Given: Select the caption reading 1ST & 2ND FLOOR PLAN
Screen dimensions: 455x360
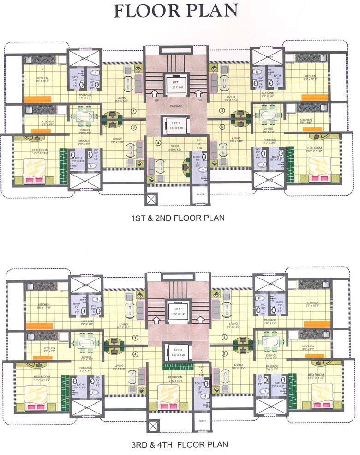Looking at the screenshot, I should pyautogui.click(x=178, y=217).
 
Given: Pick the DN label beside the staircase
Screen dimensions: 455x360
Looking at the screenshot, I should pyautogui.click(x=199, y=100).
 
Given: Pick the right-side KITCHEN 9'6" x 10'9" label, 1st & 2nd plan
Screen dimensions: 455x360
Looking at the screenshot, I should pyautogui.click(x=310, y=78).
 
